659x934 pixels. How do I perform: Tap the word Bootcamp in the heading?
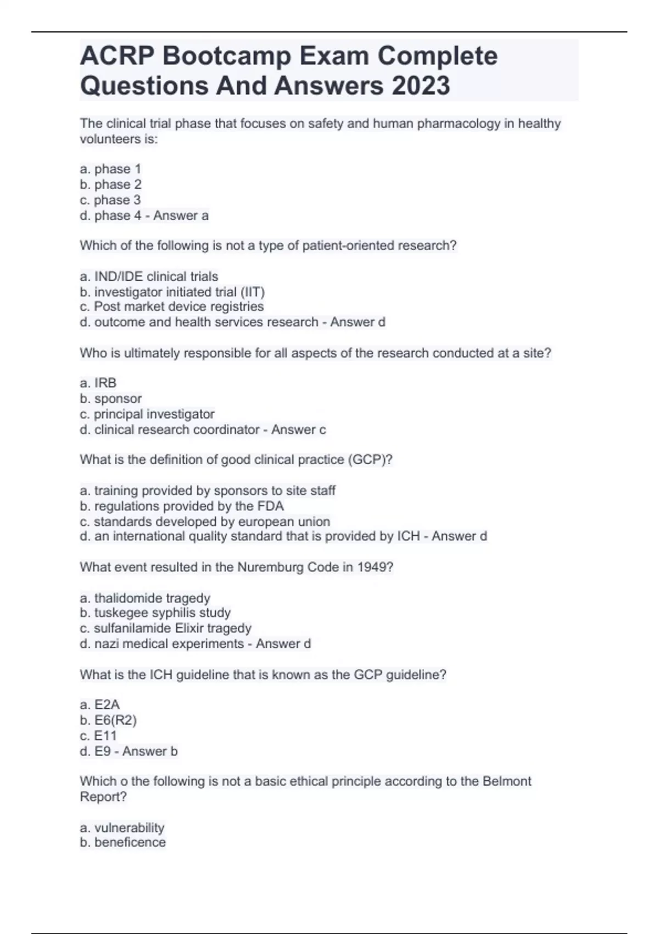tap(226, 56)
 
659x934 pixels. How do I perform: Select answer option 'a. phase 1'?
tap(110, 169)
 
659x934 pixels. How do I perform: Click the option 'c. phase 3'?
tap(110, 200)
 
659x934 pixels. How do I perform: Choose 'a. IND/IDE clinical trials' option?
tap(149, 276)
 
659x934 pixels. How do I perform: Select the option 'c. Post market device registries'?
tap(171, 307)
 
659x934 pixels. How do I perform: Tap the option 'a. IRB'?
tap(98, 383)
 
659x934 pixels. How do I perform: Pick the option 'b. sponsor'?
tap(110, 398)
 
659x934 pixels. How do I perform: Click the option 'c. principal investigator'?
tap(147, 414)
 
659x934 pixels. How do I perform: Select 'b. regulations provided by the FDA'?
tap(182, 506)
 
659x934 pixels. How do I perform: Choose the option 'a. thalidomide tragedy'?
tap(145, 598)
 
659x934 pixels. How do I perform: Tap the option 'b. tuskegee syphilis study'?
tap(155, 613)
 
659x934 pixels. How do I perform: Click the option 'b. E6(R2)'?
tap(108, 720)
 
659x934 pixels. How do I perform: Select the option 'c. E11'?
tap(98, 736)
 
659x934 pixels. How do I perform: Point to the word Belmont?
tap(506, 781)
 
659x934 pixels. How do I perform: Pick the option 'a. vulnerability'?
tap(122, 827)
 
